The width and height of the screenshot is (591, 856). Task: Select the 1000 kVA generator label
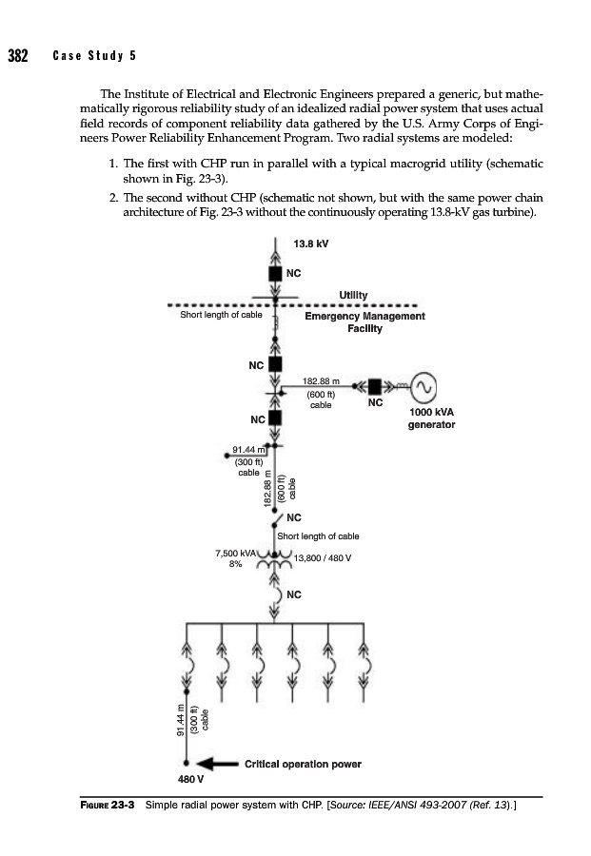click(x=431, y=418)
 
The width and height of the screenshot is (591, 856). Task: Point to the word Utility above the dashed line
click(x=353, y=296)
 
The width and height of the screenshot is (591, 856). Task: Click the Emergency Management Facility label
click(x=364, y=322)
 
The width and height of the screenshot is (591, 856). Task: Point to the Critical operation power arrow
click(x=216, y=763)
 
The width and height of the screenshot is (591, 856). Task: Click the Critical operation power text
click(x=303, y=763)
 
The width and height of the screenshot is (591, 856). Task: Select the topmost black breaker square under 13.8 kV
click(x=276, y=273)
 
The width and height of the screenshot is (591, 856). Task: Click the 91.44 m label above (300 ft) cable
click(x=248, y=449)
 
